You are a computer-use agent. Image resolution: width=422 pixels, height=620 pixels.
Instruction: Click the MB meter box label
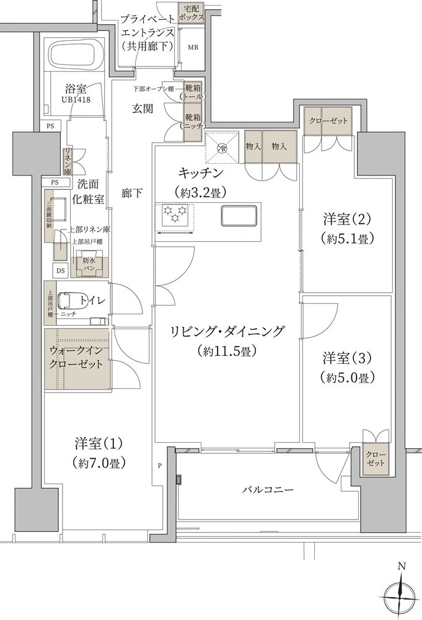click(x=193, y=47)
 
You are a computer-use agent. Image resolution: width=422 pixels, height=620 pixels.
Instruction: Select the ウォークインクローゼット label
click(x=76, y=358)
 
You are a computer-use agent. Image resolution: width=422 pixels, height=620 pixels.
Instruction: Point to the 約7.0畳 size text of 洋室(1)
click(x=100, y=462)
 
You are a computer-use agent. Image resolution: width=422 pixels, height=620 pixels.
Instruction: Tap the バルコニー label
click(x=268, y=490)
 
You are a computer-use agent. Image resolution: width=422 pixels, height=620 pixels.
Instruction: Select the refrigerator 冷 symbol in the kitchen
click(x=221, y=148)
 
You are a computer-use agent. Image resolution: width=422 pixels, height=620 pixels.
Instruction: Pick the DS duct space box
click(x=60, y=270)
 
